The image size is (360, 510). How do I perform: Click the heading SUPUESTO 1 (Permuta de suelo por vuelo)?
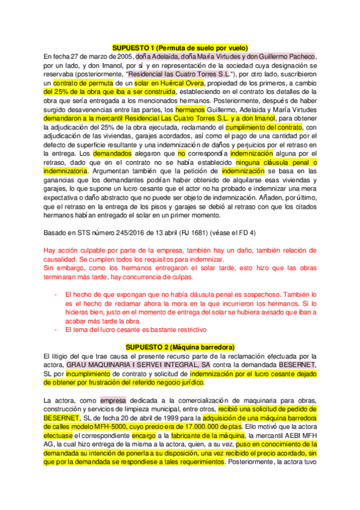(x=180, y=48)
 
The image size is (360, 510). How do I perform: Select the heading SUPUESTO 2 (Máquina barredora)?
(x=180, y=348)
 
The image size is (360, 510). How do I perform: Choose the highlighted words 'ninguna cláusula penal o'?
(x=279, y=162)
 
